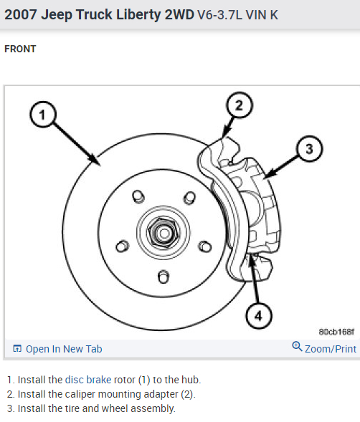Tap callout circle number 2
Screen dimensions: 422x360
pos(240,106)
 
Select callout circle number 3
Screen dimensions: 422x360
pos(309,148)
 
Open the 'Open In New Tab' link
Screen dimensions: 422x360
pos(64,349)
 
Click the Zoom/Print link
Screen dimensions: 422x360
pos(330,349)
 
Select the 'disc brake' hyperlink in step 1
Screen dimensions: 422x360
pos(88,380)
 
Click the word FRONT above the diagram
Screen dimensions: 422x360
pos(20,49)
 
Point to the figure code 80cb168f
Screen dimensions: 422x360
pos(336,332)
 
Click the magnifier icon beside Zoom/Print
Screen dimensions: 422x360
pos(297,347)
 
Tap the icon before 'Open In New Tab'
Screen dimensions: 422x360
pos(17,349)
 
